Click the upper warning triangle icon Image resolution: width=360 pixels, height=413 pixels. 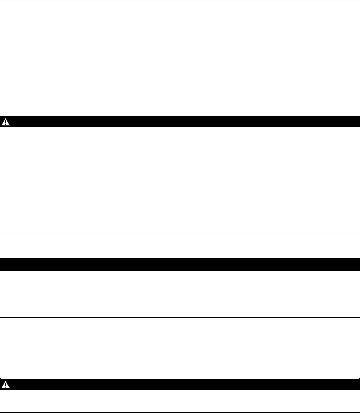click(5, 122)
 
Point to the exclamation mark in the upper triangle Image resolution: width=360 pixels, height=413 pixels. click(5, 122)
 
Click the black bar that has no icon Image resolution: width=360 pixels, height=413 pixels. click(180, 265)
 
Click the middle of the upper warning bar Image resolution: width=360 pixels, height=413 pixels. click(180, 122)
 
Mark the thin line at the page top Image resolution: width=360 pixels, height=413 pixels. click(180, 0)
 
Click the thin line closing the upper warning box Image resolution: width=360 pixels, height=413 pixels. click(180, 232)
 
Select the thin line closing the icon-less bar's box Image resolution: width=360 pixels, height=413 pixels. click(180, 317)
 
